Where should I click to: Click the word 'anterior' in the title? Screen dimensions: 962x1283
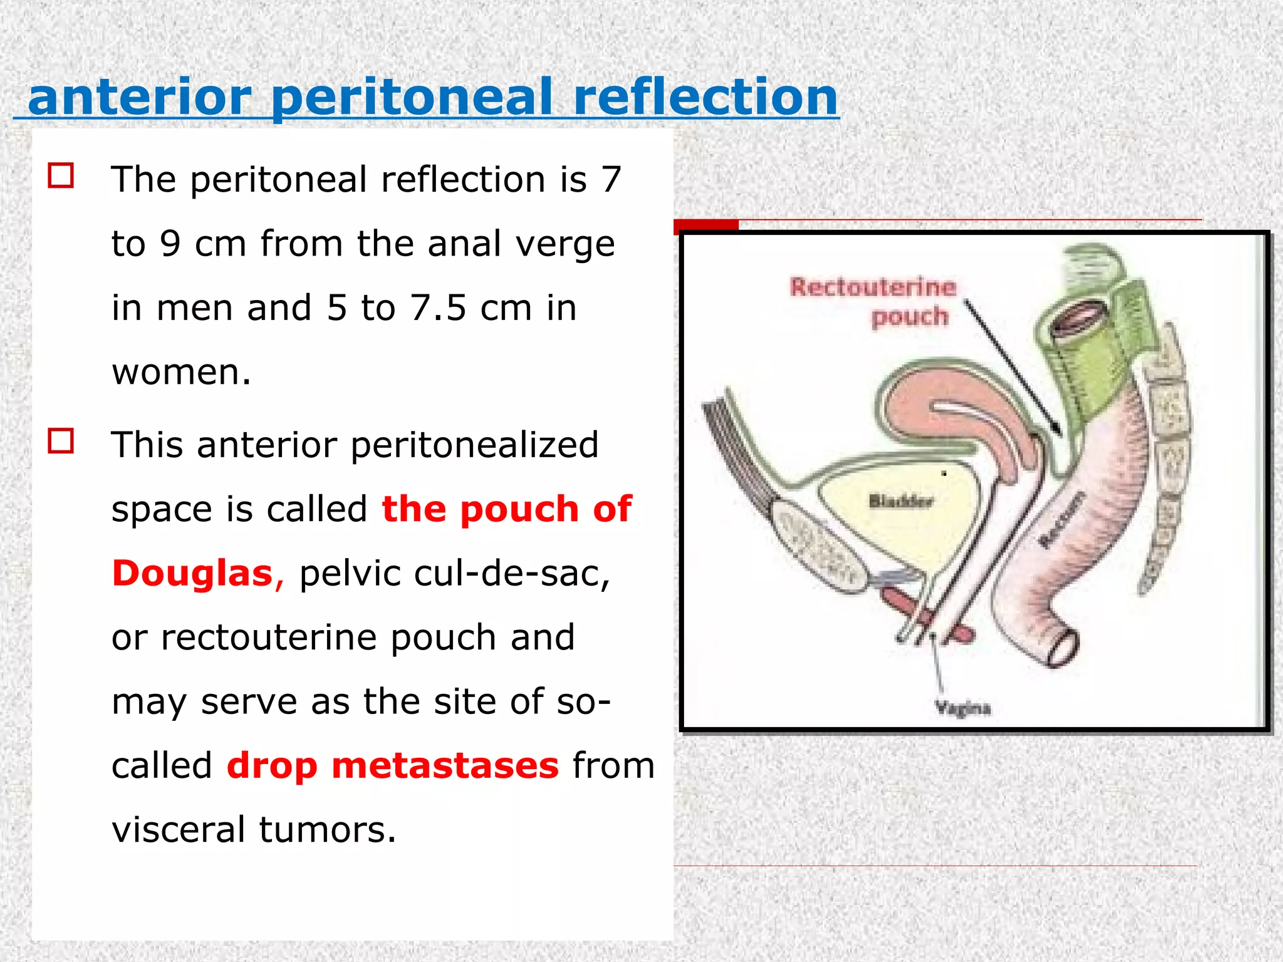pos(139,98)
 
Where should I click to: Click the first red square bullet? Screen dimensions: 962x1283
pos(61,175)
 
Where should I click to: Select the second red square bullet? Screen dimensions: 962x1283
pos(61,441)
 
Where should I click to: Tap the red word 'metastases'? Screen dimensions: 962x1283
pos(445,766)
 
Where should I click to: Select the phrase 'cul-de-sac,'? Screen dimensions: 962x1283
pos(512,574)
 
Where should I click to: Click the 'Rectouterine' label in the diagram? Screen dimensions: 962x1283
pos(873,287)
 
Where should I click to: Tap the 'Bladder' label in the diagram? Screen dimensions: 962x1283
pos(901,501)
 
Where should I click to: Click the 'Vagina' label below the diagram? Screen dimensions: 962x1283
pos(962,708)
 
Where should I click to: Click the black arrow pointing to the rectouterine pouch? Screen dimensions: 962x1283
pos(1012,366)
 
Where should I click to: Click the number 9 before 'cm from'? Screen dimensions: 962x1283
pos(170,244)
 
